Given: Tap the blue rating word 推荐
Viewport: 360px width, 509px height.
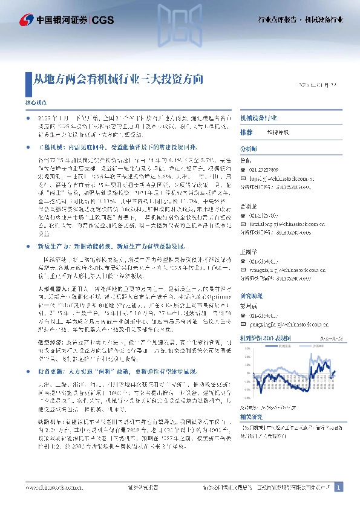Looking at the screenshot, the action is (246, 132).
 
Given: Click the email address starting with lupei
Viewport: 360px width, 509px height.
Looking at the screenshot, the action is (279, 179).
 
